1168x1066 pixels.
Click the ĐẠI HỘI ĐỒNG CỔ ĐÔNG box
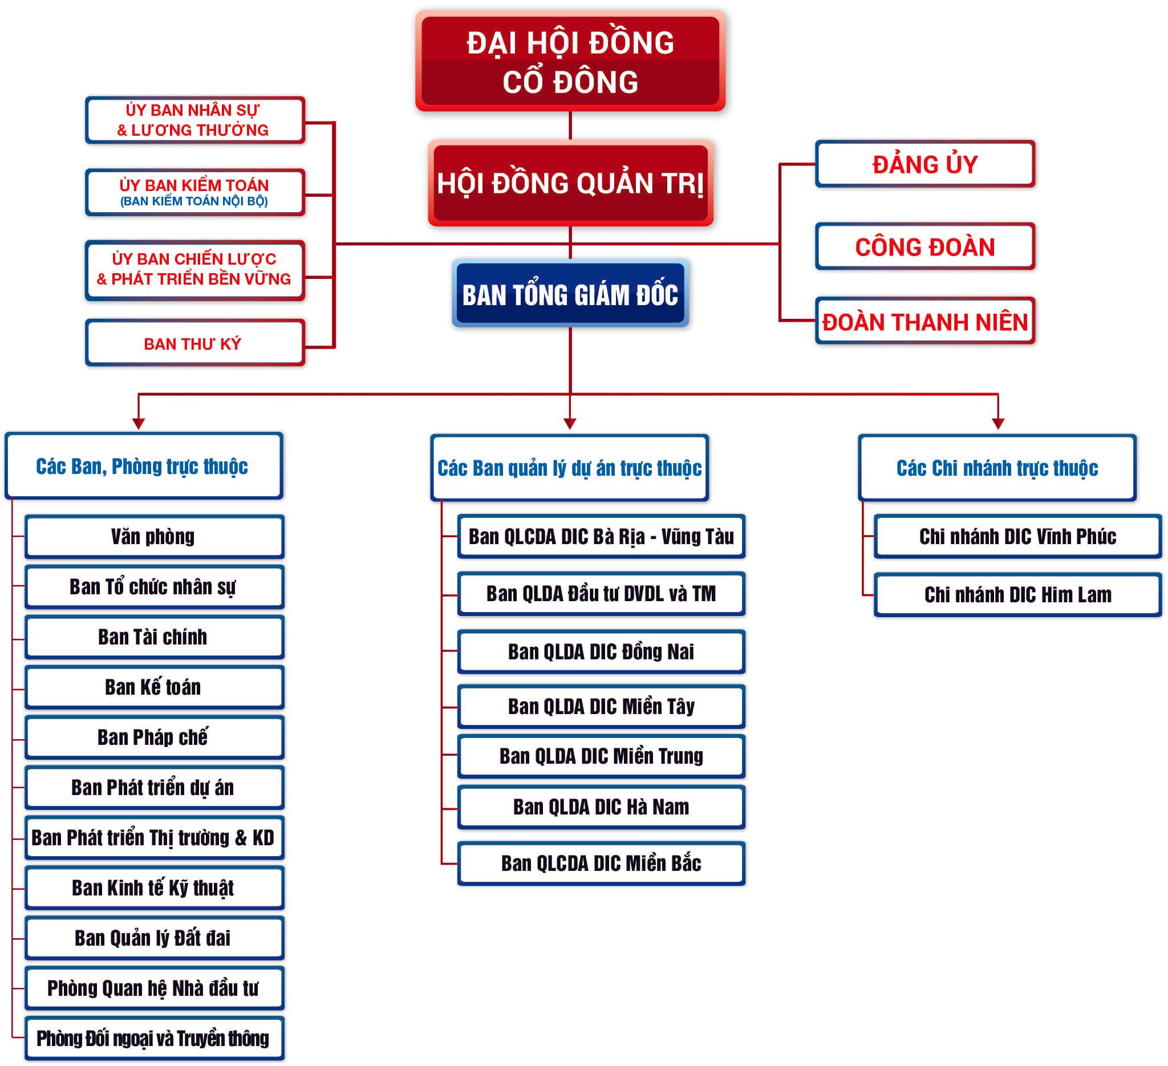[570, 61]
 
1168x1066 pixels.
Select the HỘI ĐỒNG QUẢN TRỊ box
[570, 183]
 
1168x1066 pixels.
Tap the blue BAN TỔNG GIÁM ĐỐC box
[570, 294]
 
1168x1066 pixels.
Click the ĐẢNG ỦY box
[924, 164]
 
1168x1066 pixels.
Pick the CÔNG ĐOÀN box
[924, 247]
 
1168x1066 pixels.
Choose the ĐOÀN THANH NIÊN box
[924, 322]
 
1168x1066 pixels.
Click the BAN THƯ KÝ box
[194, 343]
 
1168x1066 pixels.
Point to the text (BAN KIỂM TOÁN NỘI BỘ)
[194, 201]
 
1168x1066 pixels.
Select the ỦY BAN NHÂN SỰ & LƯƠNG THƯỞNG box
[194, 120]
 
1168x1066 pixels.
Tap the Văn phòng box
[154, 537]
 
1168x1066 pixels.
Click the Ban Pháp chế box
[154, 737]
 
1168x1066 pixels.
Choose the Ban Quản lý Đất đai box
[154, 938]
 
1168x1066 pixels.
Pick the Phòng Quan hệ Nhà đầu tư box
[154, 988]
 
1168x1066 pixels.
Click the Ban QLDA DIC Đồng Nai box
[601, 652]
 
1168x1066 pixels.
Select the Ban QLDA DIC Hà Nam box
[601, 806]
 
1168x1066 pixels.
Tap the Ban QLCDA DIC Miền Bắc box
[601, 863]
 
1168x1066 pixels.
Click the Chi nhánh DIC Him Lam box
[1017, 594]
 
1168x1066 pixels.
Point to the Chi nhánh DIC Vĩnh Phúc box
[1017, 537]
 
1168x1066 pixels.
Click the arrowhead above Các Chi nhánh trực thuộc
[997, 423]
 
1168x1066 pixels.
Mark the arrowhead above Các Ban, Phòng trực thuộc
[139, 423]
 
